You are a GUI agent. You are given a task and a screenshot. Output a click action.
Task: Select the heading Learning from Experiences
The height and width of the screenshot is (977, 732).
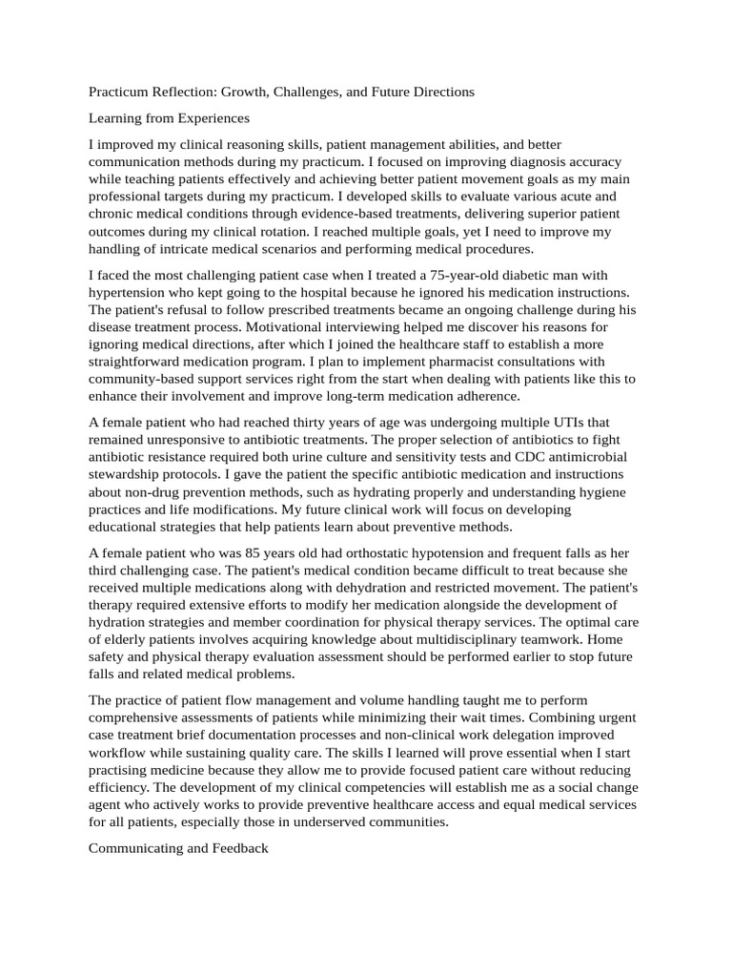(169, 118)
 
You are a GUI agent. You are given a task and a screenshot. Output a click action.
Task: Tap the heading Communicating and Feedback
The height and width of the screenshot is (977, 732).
(178, 847)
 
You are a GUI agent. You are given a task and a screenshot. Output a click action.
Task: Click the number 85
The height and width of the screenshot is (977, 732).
(254, 553)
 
